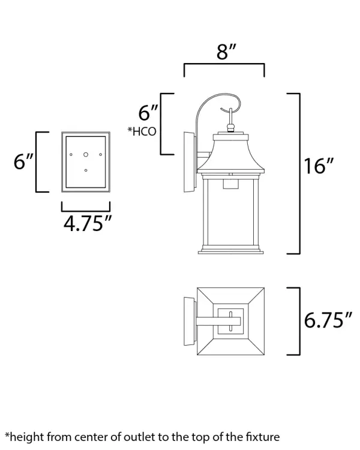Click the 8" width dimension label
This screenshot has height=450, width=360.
[x=226, y=52]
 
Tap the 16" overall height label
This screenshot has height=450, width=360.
[x=319, y=166]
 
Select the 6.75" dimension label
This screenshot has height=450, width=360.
[x=328, y=320]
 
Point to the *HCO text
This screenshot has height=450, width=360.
[x=142, y=131]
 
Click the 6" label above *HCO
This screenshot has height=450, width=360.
[x=148, y=113]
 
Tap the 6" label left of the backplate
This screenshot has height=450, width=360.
[x=23, y=161]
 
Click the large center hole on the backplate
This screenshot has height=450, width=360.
[x=86, y=155]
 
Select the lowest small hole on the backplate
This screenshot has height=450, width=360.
[x=86, y=170]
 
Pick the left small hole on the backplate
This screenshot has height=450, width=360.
[x=71, y=155]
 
